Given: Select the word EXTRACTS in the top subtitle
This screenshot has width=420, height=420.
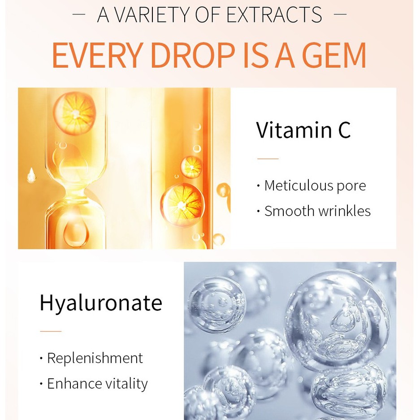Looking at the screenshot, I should pyautogui.click(x=274, y=15).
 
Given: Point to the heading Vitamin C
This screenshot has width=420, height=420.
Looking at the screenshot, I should pyautogui.click(x=303, y=130).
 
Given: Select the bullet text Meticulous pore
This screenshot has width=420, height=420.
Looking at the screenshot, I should pyautogui.click(x=315, y=186).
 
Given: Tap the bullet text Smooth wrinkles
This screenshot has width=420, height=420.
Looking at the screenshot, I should pyautogui.click(x=317, y=211).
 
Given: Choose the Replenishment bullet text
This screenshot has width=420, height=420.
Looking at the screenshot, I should pyautogui.click(x=95, y=358).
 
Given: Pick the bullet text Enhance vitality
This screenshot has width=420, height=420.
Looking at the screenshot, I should pyautogui.click(x=97, y=384).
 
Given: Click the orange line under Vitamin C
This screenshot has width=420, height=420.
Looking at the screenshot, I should pyautogui.click(x=268, y=159).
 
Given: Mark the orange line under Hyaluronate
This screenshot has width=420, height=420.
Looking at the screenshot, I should pyautogui.click(x=50, y=331).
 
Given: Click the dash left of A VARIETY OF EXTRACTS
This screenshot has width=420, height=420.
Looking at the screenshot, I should pyautogui.click(x=79, y=14).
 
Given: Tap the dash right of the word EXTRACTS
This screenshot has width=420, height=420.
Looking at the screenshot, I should pyautogui.click(x=340, y=14).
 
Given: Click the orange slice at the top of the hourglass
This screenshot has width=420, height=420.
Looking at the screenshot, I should pyautogui.click(x=74, y=113).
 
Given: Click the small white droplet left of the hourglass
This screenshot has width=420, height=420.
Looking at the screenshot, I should pyautogui.click(x=31, y=175).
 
